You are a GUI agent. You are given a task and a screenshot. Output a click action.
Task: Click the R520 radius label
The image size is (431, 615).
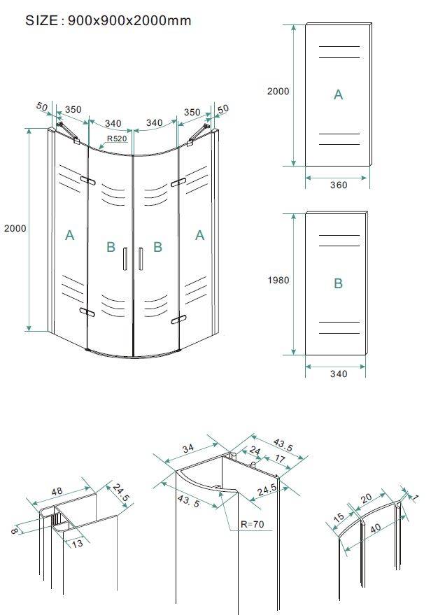pyautogui.click(x=117, y=139)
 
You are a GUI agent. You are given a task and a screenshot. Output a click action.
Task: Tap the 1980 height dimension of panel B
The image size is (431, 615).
pyautogui.click(x=278, y=280)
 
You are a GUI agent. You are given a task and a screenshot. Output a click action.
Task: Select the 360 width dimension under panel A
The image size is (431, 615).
pyautogui.click(x=339, y=185)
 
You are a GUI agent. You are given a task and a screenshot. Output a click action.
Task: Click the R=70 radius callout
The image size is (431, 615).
pyautogui.click(x=253, y=524)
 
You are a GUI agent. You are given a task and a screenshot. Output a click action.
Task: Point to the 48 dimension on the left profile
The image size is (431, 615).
pyautogui.click(x=57, y=490)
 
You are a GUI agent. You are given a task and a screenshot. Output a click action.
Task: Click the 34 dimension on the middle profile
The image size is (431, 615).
pyautogui.click(x=188, y=448)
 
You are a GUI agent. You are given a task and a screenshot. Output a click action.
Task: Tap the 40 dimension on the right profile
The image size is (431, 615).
pyautogui.click(x=375, y=528)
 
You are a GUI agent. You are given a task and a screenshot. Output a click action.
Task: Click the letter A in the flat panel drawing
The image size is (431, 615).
pyautogui.click(x=338, y=94)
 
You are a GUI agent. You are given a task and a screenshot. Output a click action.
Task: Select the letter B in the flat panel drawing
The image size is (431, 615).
pyautogui.click(x=338, y=283)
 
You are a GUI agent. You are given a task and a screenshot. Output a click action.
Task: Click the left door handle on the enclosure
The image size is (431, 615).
pyautogui.click(x=125, y=259)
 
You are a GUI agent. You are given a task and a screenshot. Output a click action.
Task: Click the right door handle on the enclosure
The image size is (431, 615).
pyautogui.click(x=141, y=259)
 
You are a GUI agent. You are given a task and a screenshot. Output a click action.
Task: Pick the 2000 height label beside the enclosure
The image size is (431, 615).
pyautogui.click(x=15, y=228)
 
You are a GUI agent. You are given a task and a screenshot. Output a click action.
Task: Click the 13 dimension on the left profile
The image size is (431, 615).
pyautogui.click(x=77, y=543)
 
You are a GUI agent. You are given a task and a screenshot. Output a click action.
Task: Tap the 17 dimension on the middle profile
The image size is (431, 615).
pyautogui.click(x=280, y=458)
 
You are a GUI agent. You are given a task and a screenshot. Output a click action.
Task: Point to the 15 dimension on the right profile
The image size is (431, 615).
pyautogui.click(x=339, y=516)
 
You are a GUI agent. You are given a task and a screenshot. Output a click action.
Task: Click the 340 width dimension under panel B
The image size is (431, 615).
pyautogui.click(x=339, y=374)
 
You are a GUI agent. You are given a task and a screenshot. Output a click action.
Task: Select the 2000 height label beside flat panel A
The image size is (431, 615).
pyautogui.click(x=278, y=91)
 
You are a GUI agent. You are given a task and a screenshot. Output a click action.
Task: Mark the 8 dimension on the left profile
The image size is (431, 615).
pyautogui.click(x=14, y=530)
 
